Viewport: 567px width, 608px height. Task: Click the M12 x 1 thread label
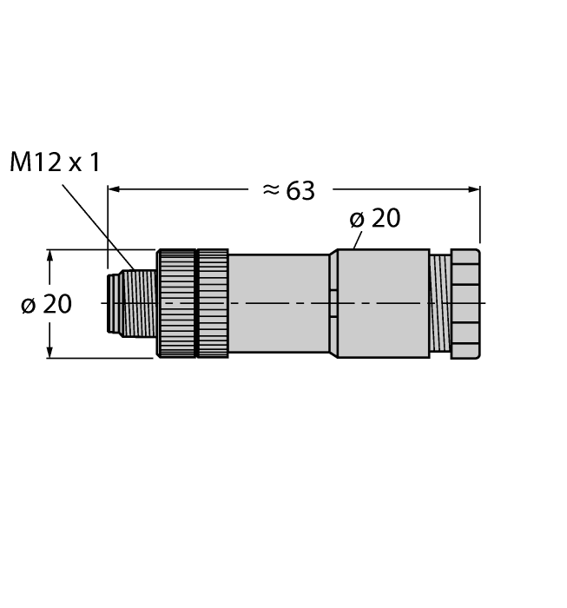[x=55, y=162]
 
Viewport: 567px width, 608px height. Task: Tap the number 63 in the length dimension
[x=300, y=191]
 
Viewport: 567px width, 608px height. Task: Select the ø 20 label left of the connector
[x=46, y=304]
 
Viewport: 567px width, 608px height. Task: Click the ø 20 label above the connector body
[x=375, y=219]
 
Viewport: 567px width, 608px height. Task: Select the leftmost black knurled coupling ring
[x=176, y=303]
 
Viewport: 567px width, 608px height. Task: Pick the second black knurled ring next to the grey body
[x=214, y=303]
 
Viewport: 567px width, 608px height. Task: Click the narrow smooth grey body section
[x=278, y=303]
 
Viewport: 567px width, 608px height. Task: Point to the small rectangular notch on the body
[x=332, y=303]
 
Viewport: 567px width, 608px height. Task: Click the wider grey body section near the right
[x=382, y=303]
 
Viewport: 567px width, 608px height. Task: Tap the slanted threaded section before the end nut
[x=439, y=303]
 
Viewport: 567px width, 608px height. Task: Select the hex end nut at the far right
[x=465, y=303]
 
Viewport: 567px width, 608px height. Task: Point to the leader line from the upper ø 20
[x=358, y=240]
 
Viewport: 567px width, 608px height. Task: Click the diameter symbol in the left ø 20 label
[x=28, y=304]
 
